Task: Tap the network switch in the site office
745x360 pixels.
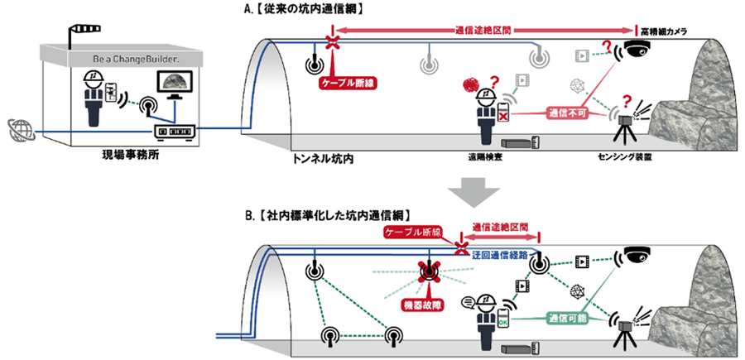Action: point(174,130)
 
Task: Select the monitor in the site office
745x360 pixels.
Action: point(175,85)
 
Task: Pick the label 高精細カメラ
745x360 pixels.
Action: point(664,31)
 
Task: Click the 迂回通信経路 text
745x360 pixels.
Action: point(500,256)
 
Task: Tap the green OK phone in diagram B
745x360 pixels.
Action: point(503,317)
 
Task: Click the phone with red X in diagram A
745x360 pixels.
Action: point(503,111)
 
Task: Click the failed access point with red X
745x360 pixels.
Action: point(429,272)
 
